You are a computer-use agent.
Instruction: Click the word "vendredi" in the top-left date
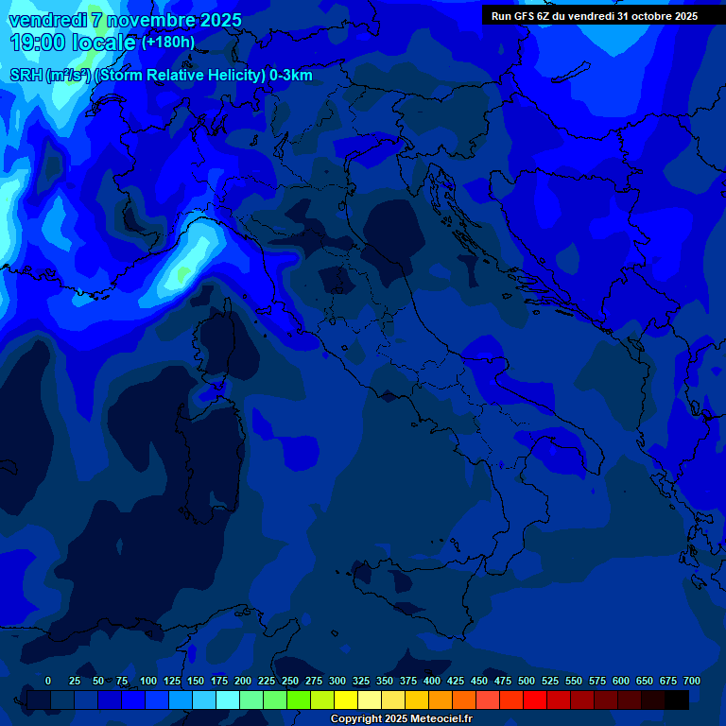click(47, 20)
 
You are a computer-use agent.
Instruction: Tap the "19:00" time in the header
click(36, 43)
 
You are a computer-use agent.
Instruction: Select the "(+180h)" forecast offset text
click(167, 42)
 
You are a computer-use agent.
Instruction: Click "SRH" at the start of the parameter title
click(25, 76)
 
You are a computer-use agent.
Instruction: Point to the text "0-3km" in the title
click(290, 76)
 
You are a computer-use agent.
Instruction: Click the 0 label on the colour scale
click(48, 681)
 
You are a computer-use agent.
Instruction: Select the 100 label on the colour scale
click(148, 681)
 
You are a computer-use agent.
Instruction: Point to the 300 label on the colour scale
click(337, 681)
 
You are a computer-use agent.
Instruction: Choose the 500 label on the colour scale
click(527, 681)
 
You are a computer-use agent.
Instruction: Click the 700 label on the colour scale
click(692, 681)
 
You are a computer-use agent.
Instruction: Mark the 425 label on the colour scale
click(456, 681)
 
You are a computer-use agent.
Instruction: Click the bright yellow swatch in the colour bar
click(346, 700)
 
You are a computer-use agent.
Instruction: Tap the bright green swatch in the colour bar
click(299, 700)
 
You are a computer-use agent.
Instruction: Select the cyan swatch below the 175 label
click(228, 700)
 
